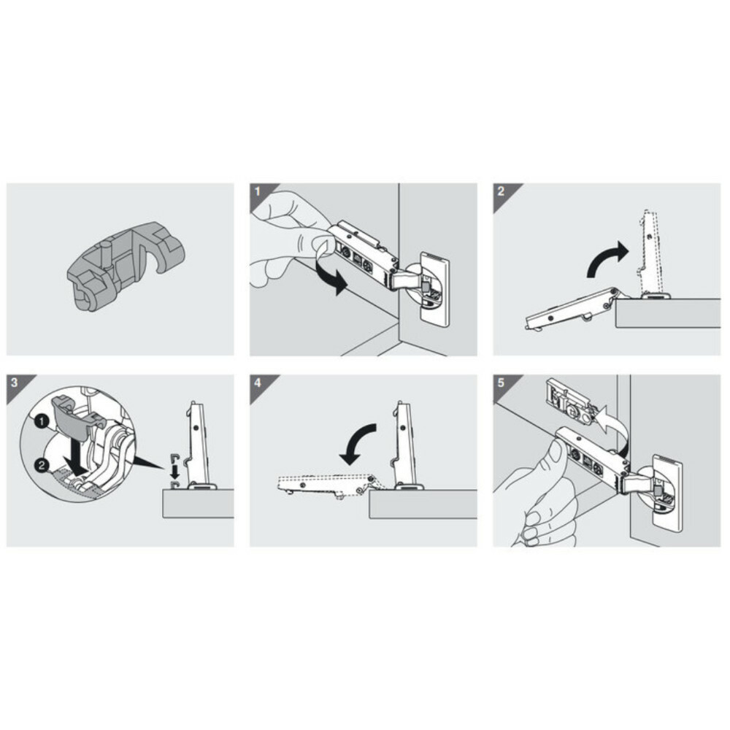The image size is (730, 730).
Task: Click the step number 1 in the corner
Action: [x=257, y=192]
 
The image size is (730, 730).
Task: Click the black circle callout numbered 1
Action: [x=42, y=421]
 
